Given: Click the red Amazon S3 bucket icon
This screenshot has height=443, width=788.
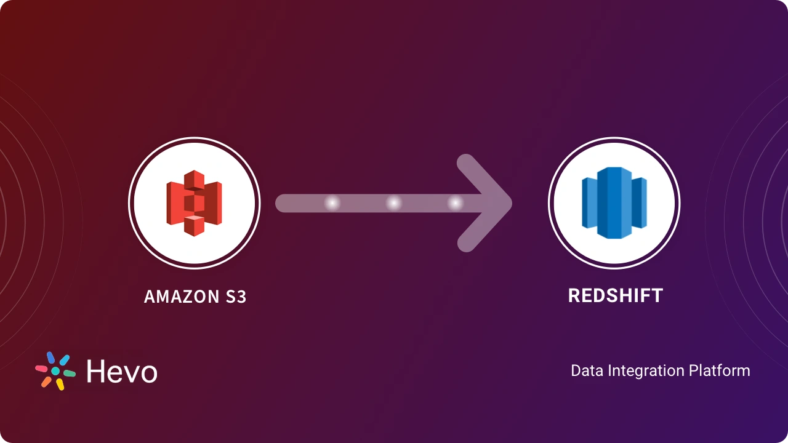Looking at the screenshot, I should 194,203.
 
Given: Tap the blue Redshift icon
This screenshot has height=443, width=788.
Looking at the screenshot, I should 614,203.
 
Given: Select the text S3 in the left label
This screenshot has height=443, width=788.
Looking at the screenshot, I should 234,297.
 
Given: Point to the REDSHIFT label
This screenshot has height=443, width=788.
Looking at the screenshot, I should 615,295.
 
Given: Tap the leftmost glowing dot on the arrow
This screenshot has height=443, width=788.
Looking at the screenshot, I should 332,203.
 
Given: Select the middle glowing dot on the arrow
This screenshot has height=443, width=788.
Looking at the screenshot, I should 393,203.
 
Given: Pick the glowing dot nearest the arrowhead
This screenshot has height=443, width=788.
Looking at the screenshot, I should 455,203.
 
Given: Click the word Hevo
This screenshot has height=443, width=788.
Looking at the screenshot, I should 121,372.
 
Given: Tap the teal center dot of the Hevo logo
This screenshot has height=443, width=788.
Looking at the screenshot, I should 55,372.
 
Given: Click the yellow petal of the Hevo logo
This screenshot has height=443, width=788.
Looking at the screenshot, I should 60,385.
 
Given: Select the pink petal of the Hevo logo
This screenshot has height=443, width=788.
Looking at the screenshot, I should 41,369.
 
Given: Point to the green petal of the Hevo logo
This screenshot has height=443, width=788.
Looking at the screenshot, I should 70,373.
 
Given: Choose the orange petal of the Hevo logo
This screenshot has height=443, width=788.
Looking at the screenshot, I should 46,382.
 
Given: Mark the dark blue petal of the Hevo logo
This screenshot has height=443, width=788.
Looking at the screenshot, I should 50,358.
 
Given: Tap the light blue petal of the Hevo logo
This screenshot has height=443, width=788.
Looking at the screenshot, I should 64,360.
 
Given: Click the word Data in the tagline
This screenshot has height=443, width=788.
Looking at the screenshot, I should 587,371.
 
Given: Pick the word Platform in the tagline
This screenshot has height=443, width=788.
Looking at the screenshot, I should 720,371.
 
